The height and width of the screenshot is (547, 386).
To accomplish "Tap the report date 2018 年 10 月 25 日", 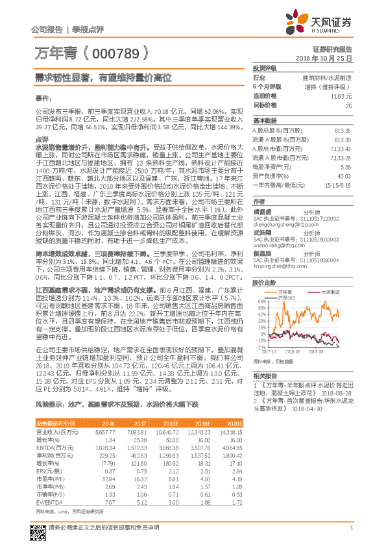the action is (324, 58).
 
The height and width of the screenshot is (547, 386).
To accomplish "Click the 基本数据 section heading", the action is (264, 121).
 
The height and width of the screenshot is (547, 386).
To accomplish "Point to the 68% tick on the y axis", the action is (261, 301).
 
